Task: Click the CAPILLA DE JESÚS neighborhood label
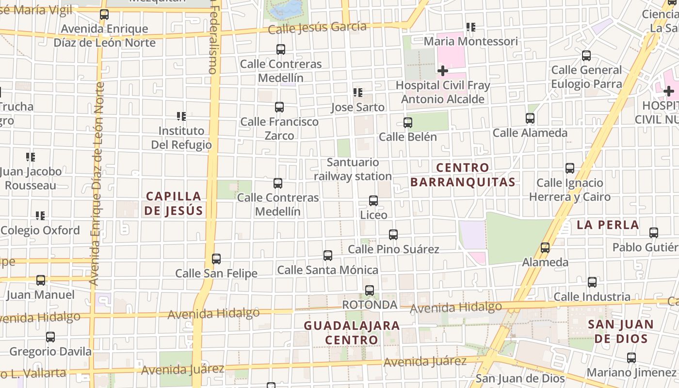point(173,203)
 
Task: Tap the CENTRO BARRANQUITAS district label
point(462,175)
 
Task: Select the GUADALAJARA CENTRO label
point(352,332)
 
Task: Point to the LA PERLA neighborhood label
point(608,225)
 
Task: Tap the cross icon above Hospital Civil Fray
point(442,71)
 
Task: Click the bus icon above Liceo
point(373,201)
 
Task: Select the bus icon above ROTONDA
point(370,291)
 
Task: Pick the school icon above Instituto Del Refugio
point(181,116)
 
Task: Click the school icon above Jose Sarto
point(358,93)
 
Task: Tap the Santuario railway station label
point(353,169)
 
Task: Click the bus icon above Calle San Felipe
point(216,259)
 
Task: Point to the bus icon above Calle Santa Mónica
point(328,256)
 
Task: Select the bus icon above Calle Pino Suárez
point(393,235)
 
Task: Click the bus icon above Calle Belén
point(408,123)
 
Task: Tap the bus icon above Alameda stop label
point(545,248)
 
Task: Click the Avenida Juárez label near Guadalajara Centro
point(425,361)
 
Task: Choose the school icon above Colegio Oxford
point(40,216)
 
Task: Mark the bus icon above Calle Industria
point(592,282)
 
